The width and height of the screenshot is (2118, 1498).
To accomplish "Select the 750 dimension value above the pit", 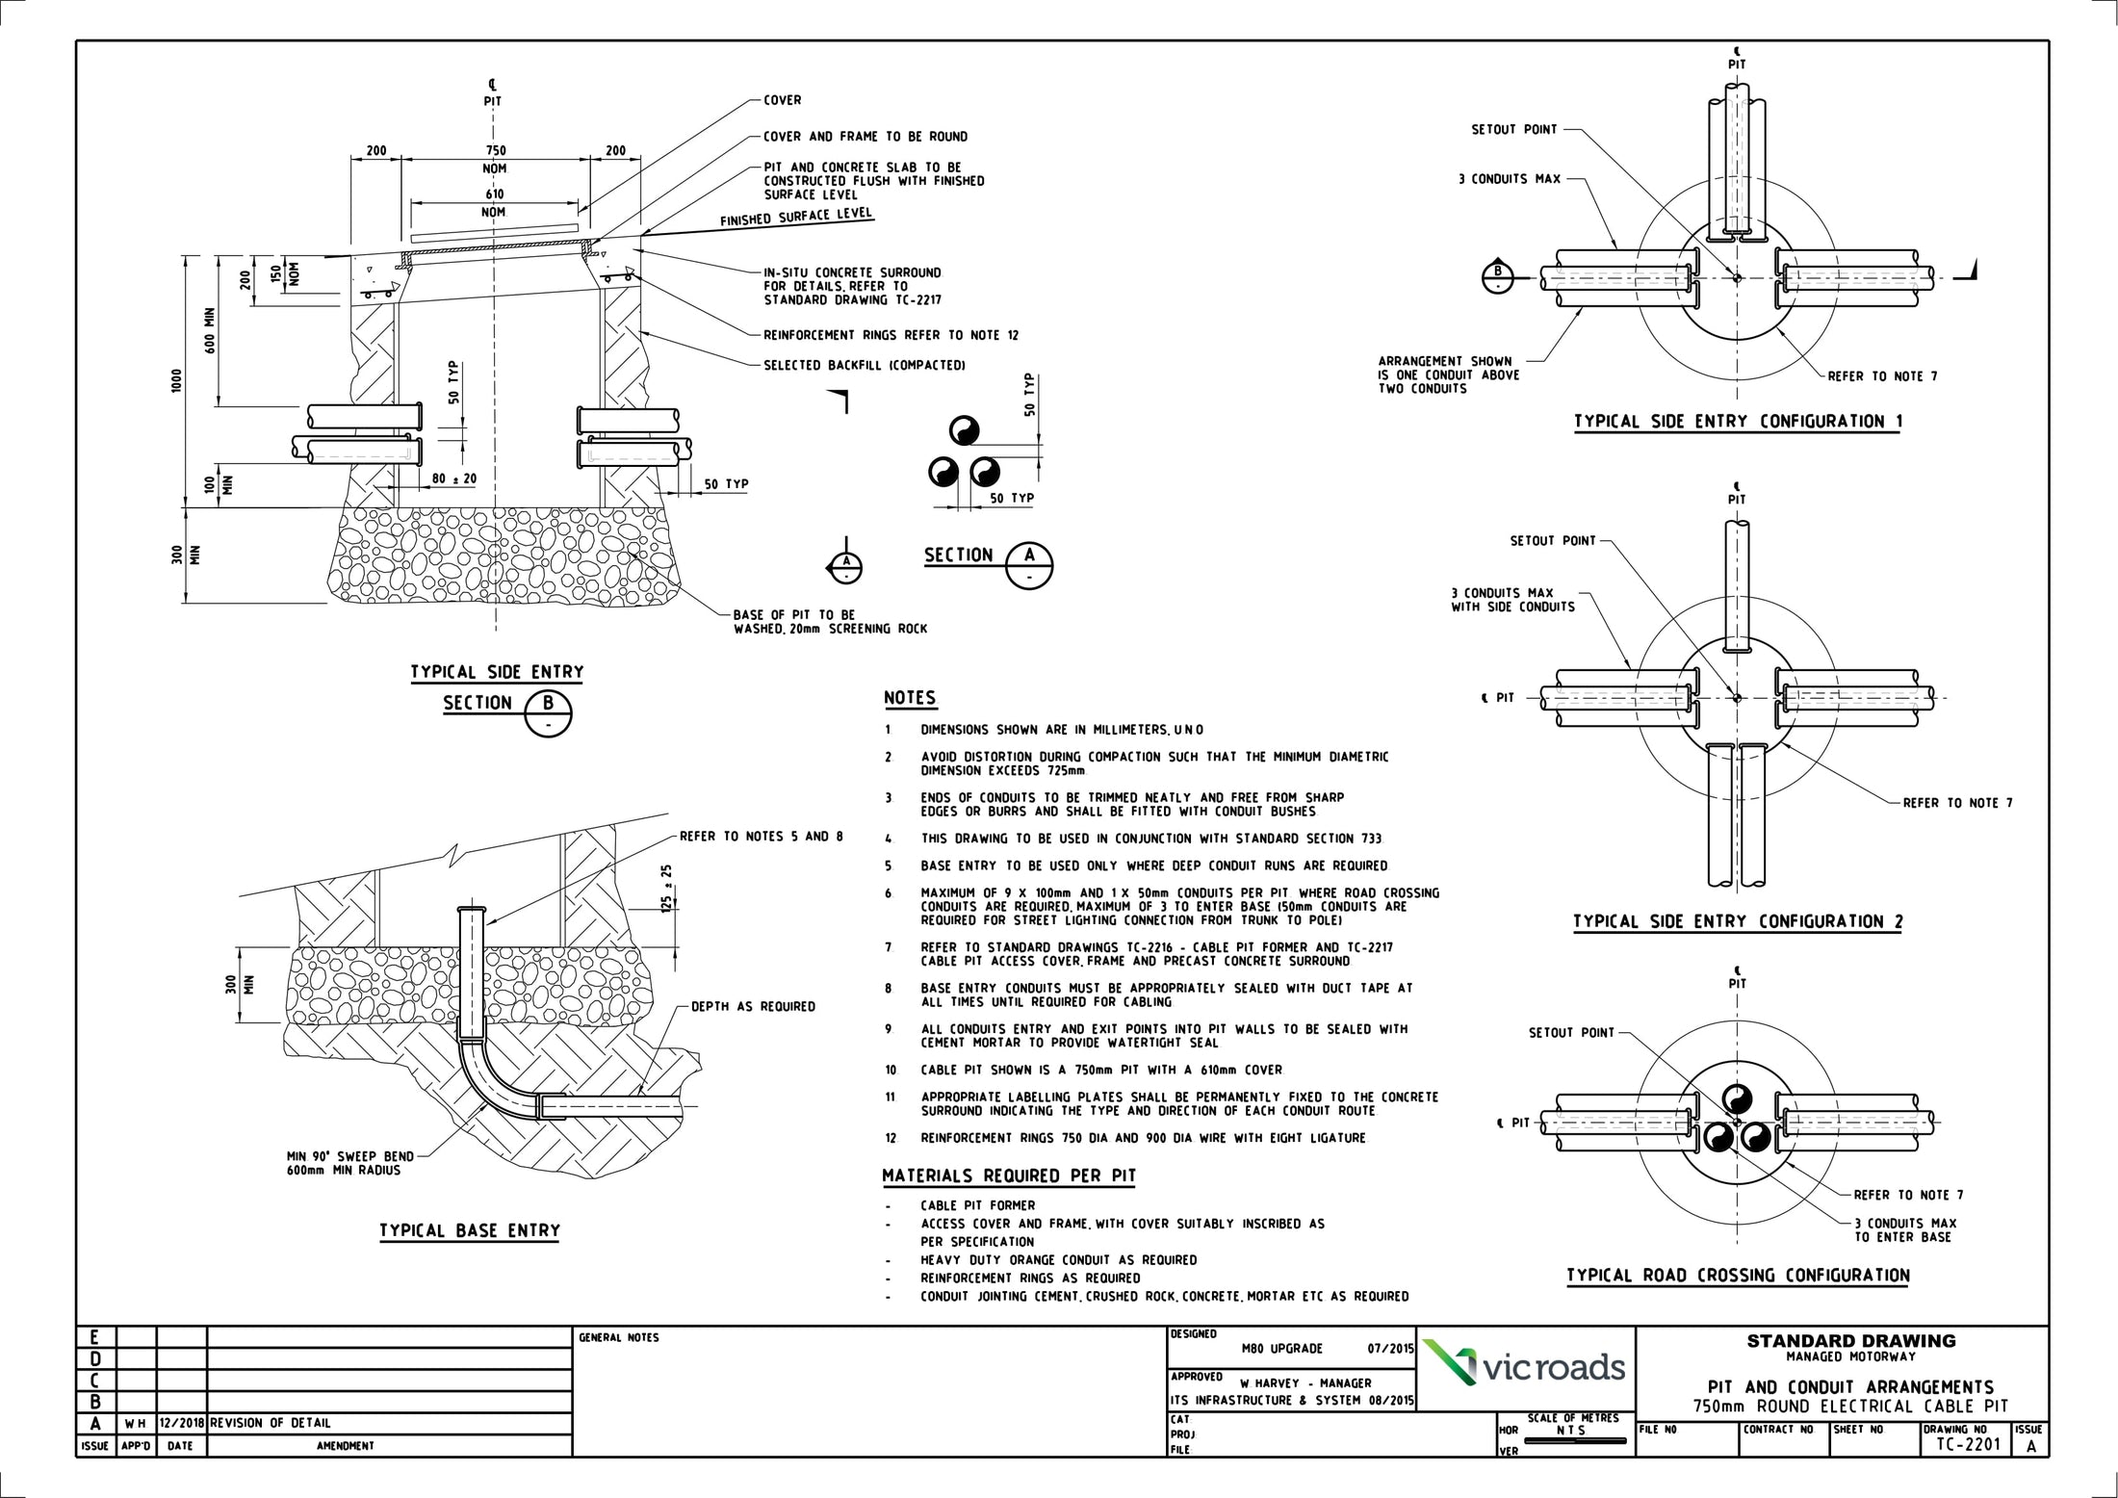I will [x=495, y=151].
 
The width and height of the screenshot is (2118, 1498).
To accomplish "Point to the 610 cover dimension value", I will [x=495, y=194].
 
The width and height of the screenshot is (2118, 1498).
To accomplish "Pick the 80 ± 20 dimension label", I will [x=454, y=478].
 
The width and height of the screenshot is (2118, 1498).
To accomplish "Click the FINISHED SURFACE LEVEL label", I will [x=796, y=217].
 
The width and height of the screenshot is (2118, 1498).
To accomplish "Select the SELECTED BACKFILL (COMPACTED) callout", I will [x=865, y=366].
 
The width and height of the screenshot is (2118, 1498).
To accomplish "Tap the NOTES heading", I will [x=910, y=698].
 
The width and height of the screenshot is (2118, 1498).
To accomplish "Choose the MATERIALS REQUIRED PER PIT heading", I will [x=1009, y=1175].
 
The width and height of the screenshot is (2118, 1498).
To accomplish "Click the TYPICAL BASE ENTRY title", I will [x=469, y=1230].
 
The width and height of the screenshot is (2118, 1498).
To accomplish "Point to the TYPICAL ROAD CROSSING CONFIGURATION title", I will [x=1738, y=1276].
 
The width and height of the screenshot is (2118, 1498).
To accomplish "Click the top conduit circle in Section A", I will [x=964, y=429].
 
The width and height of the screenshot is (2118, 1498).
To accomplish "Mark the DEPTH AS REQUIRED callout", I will [x=753, y=1007].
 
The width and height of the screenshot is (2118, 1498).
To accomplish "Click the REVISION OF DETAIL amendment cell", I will [x=271, y=1423].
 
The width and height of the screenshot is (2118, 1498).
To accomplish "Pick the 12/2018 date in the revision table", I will [x=181, y=1423].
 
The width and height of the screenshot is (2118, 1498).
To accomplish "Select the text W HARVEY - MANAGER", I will [x=1299, y=1383].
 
